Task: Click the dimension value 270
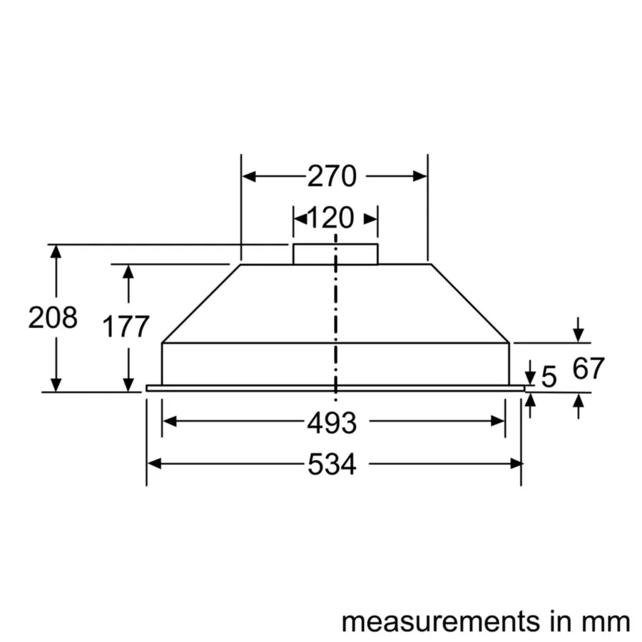point(332,176)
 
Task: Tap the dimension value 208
point(53,317)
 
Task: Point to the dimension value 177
point(126,327)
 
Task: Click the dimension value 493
point(332,423)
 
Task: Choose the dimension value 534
point(332,465)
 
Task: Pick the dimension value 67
point(588,369)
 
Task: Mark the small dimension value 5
point(549,377)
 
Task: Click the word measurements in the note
point(440,621)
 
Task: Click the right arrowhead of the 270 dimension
point(420,176)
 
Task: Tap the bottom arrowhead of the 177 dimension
point(128,384)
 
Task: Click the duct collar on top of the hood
point(335,254)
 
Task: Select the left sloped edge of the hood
point(200,304)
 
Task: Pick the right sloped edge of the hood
point(471,304)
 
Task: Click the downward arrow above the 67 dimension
point(579,332)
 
